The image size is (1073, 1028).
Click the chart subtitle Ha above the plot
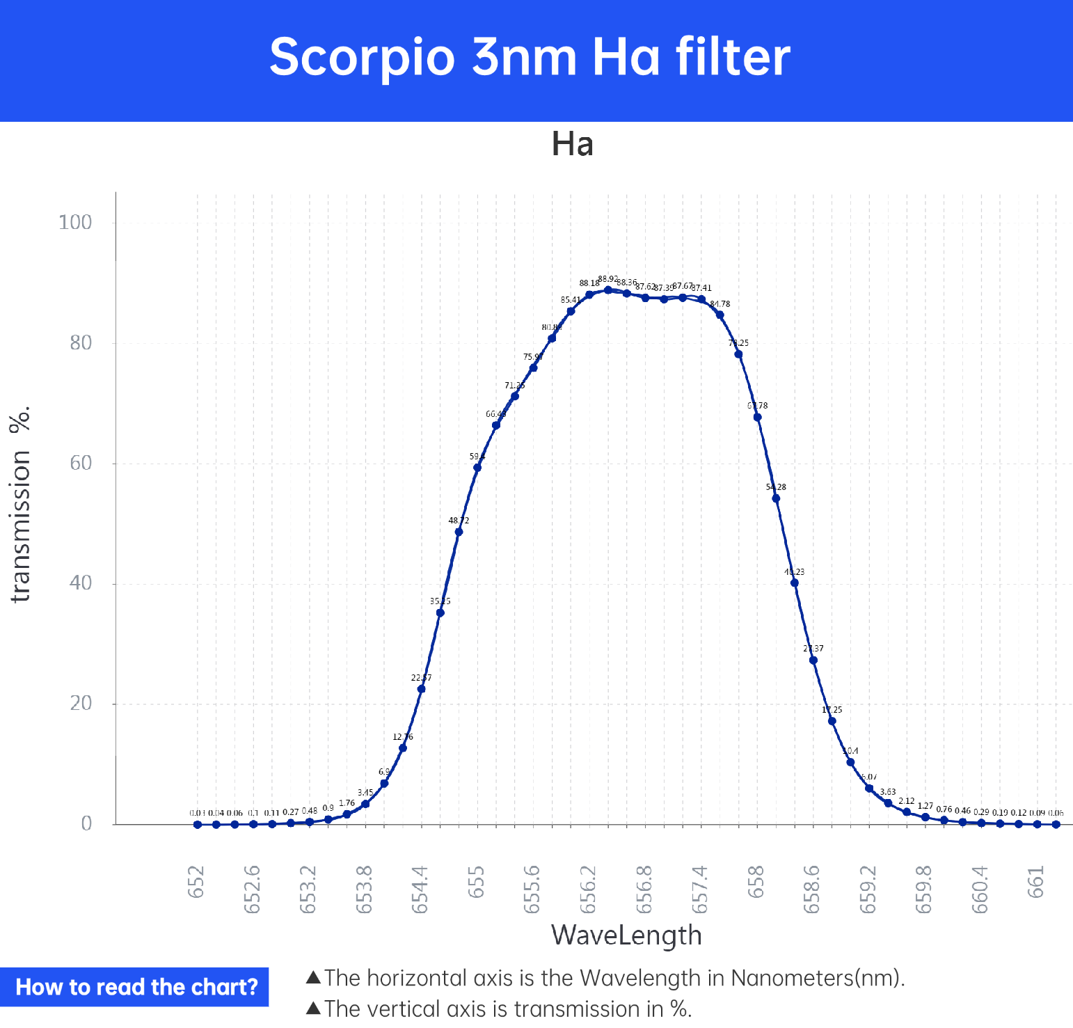point(572,145)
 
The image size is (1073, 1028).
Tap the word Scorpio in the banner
point(362,57)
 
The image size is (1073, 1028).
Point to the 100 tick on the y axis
point(75,223)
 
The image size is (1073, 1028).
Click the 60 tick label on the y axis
point(81,464)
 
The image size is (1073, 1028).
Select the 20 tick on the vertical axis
point(81,704)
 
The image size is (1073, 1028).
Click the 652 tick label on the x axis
point(197,882)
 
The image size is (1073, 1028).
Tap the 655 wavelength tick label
point(477,882)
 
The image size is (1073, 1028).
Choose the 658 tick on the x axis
point(756,882)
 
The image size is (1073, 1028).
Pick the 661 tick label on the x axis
point(1037,882)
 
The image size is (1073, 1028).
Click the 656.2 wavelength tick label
point(589,889)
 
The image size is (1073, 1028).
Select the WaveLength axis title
point(626,935)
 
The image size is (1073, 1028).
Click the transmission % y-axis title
point(21,504)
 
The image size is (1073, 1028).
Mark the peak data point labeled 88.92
point(608,290)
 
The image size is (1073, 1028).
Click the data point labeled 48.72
point(459,532)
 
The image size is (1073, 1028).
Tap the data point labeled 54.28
point(776,498)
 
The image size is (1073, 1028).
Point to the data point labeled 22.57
point(421,689)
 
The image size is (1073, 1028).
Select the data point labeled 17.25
point(832,721)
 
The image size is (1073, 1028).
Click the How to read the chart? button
point(135,987)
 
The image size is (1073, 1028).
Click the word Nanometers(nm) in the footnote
point(817,979)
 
